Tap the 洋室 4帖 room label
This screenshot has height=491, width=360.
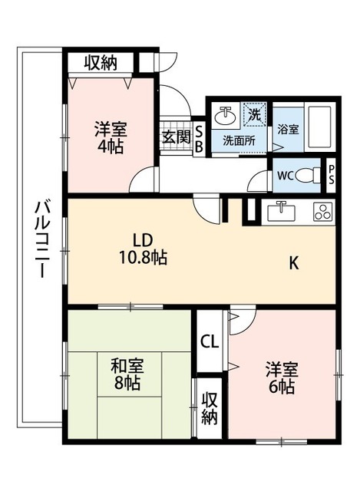(111, 138)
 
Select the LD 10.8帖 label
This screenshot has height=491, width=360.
(143, 249)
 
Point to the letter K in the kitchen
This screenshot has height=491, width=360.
(293, 262)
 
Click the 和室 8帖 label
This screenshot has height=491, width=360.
(127, 374)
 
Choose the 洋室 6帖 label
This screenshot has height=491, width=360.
(282, 378)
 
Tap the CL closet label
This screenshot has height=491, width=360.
(210, 341)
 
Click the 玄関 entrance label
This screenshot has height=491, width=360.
(177, 137)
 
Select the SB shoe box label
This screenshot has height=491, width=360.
(199, 140)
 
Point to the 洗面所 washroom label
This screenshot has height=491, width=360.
(239, 141)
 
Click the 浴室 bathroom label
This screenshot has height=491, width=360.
(288, 130)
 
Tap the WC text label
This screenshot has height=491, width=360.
(285, 176)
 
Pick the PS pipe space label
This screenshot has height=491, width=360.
(332, 175)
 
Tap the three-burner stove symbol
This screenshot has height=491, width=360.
(322, 212)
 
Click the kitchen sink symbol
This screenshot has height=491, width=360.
(281, 212)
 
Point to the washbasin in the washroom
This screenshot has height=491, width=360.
(226, 116)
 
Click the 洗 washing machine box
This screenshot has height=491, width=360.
(254, 114)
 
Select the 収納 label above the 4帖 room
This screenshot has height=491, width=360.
(101, 63)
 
